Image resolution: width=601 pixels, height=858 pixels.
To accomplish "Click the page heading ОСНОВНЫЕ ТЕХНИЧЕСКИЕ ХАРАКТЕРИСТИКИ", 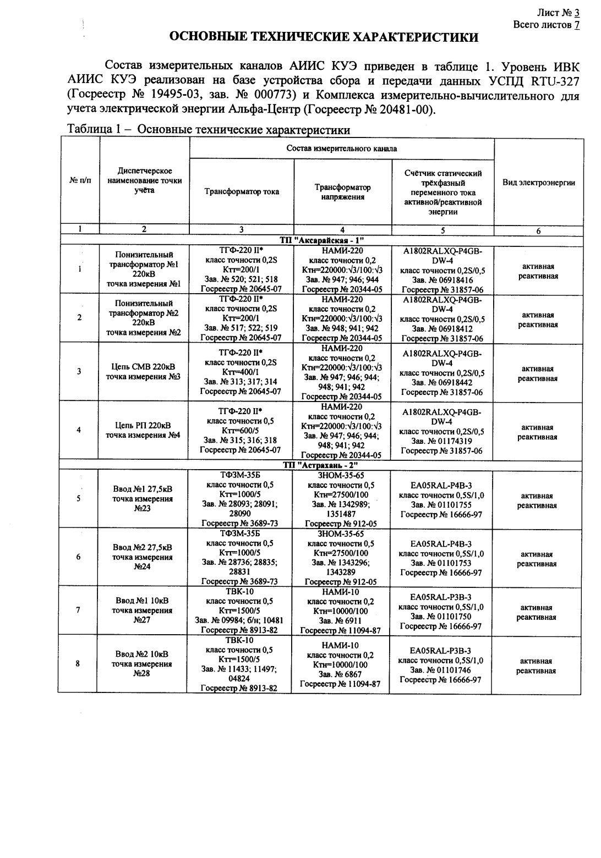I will coord(323,38).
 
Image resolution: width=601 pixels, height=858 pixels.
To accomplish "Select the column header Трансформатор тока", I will coord(242,192).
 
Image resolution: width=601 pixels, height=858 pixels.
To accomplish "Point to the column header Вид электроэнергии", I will coord(539,183).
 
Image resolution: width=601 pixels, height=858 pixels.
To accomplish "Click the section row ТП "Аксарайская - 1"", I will coord(322,241).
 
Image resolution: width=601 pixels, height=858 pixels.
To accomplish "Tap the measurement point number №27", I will coord(142,620).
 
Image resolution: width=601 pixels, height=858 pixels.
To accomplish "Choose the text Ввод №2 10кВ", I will coord(142,654).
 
